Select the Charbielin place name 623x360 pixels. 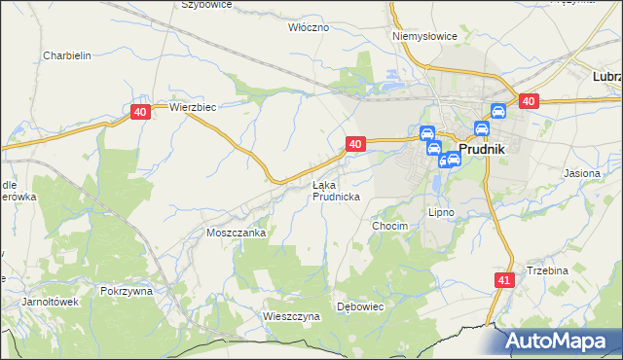(67, 55)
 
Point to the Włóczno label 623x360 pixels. (309, 27)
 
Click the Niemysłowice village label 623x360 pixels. (424, 36)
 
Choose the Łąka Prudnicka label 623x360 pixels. (336, 191)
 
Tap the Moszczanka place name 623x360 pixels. (237, 234)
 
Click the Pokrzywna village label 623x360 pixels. (128, 291)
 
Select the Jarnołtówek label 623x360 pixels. (50, 302)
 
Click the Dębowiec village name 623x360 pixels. (361, 306)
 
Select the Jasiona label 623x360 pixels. (582, 173)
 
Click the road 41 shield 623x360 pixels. (502, 280)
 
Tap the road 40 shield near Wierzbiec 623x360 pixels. (140, 113)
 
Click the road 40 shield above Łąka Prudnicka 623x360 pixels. (354, 144)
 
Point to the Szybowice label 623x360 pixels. (206, 5)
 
